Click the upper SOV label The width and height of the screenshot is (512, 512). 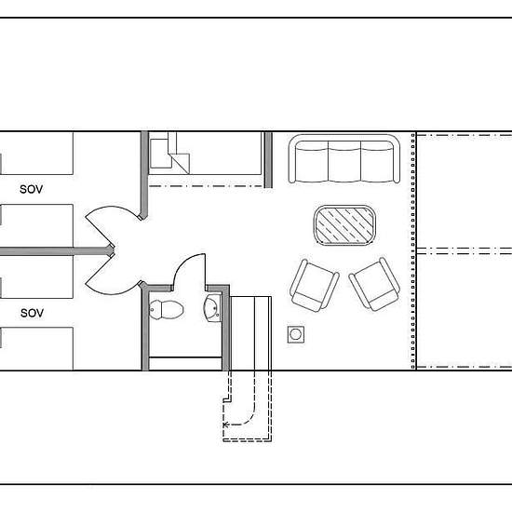(32, 189)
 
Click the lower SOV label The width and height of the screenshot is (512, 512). (32, 313)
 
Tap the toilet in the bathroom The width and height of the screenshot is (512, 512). (167, 310)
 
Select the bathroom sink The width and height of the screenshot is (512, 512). (212, 308)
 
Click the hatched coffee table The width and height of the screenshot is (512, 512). (344, 224)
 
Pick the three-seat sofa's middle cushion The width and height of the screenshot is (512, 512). (344, 162)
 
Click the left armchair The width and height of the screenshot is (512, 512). (314, 286)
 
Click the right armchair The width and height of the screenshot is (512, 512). (374, 285)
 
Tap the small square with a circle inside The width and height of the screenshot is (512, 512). (296, 334)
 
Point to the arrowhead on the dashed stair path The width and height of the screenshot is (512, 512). (225, 424)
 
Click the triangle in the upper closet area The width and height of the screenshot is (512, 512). (182, 163)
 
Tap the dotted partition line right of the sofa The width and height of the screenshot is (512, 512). (413, 250)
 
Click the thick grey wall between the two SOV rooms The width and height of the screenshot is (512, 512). (57, 251)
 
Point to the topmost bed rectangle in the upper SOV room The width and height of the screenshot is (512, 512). (36, 154)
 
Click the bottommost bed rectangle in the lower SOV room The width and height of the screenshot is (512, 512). (36, 349)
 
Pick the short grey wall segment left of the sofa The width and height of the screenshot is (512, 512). (268, 160)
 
